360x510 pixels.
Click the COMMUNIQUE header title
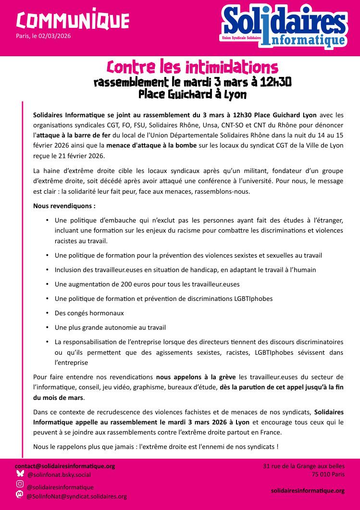tap(73, 20)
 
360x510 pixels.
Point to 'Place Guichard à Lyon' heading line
tap(192, 94)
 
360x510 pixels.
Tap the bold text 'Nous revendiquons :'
tap(64, 206)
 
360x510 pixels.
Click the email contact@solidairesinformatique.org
tap(65, 466)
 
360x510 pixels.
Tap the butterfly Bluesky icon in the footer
tap(20, 473)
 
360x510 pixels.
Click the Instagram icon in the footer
tap(20, 484)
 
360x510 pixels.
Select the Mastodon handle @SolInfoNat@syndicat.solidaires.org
tap(77, 496)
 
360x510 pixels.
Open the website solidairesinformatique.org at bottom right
tap(308, 490)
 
